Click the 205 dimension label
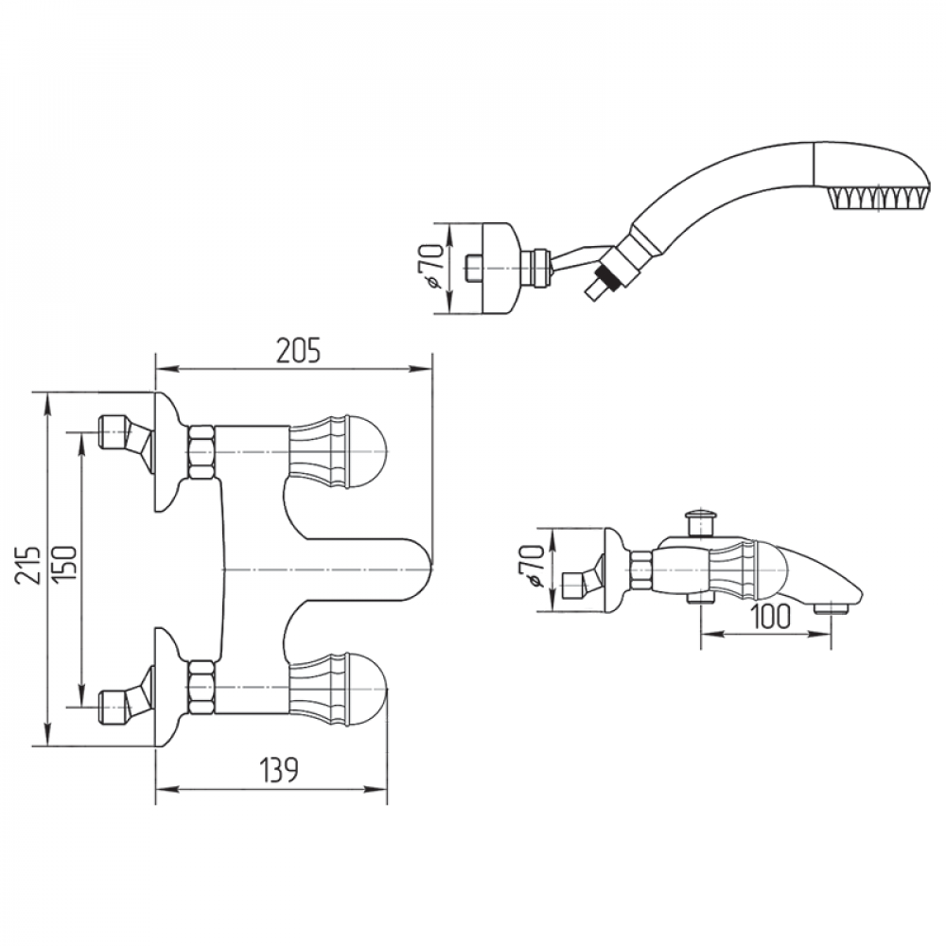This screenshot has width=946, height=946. pyautogui.click(x=298, y=350)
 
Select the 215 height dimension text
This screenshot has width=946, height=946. pyautogui.click(x=32, y=565)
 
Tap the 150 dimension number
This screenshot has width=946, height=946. pyautogui.click(x=65, y=566)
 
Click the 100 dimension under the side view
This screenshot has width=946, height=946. pyautogui.click(x=772, y=617)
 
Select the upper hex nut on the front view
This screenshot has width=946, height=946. pyautogui.click(x=201, y=450)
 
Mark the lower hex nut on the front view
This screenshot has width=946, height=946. pyautogui.click(x=201, y=687)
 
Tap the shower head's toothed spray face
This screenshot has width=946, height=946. pyautogui.click(x=875, y=198)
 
